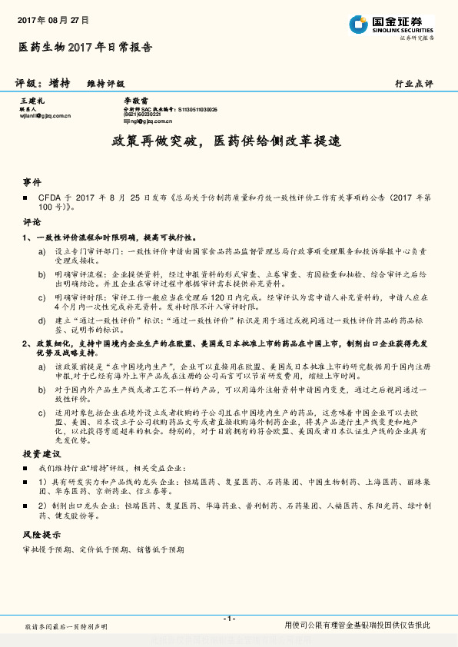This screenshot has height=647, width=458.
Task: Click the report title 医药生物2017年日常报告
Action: click(85, 47)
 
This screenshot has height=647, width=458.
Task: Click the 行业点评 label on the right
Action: click(414, 83)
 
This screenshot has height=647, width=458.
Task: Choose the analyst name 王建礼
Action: click(32, 101)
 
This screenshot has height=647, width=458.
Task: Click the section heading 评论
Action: click(32, 222)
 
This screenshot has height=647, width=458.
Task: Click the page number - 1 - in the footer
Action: click(228, 619)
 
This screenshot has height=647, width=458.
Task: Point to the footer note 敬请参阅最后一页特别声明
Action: click(66, 627)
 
